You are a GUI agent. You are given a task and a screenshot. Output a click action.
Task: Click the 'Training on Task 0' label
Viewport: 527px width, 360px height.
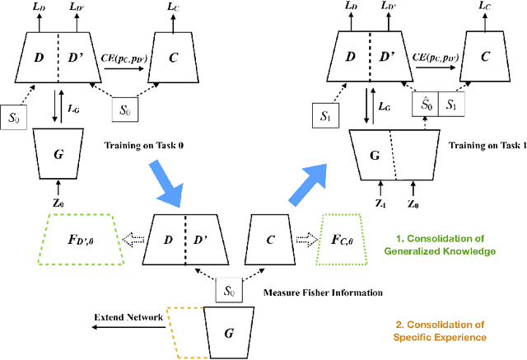145,146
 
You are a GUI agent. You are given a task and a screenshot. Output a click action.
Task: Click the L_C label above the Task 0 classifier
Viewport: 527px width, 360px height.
170,8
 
